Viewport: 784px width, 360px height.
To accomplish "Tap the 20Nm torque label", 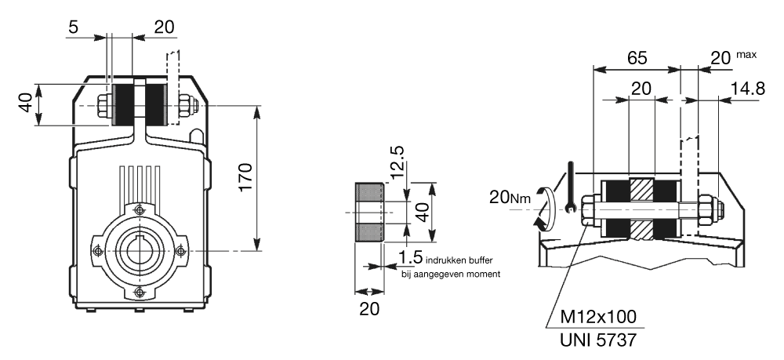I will click(510, 198).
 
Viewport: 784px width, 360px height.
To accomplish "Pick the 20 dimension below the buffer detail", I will click(369, 308).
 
